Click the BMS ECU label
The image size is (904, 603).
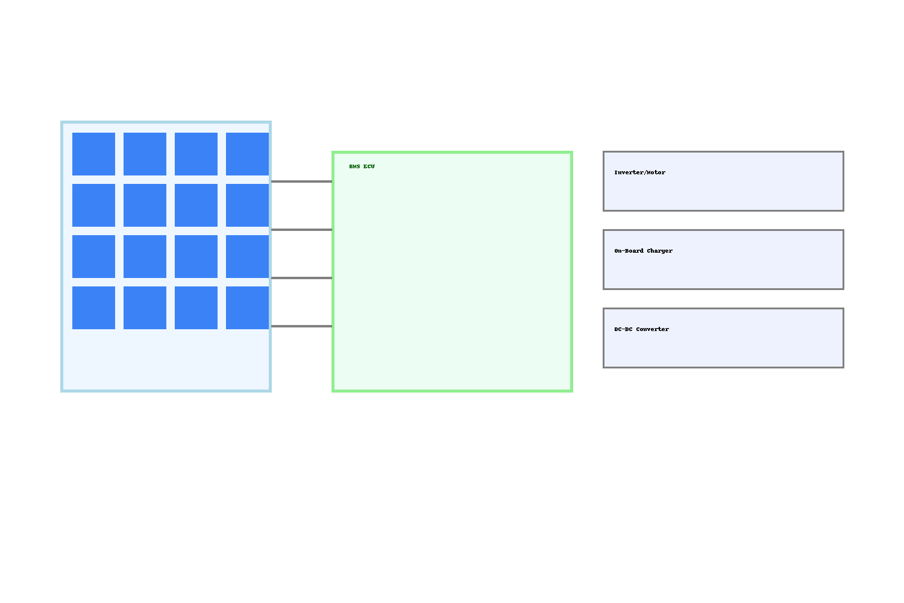point(362,166)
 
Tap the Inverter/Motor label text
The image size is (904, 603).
point(639,172)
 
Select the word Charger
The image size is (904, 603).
point(660,251)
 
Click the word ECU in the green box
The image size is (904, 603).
point(369,166)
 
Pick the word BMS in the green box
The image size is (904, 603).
point(354,166)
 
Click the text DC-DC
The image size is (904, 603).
point(623,329)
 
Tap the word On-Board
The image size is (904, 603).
point(629,251)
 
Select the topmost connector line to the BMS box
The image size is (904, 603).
point(301,182)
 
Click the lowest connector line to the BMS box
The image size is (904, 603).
point(301,326)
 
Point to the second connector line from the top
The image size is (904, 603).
point(301,230)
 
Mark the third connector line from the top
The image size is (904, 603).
point(301,278)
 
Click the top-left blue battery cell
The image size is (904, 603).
point(93,154)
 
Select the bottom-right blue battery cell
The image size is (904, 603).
point(247,308)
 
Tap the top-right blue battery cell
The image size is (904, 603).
point(247,154)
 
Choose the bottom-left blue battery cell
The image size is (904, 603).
point(93,308)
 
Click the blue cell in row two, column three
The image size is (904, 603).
point(196,205)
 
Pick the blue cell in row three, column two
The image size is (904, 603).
point(145,256)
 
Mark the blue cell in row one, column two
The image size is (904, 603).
point(145,154)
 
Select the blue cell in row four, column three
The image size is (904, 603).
point(196,308)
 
